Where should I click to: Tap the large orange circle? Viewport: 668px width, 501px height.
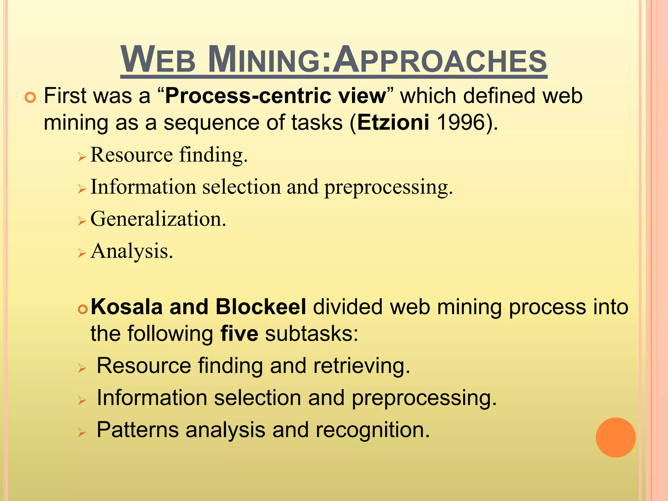tap(615, 437)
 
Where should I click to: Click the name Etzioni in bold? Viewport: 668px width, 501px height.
tap(393, 123)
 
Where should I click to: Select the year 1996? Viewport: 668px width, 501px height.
tap(461, 123)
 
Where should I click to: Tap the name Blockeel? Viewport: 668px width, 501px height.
tap(261, 307)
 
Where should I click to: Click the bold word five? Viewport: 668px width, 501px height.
tap(239, 334)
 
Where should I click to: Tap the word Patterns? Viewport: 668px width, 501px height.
tap(138, 430)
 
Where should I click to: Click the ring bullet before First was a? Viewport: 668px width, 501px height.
tap(30, 98)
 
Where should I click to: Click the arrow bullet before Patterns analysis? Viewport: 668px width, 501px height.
tap(82, 433)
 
